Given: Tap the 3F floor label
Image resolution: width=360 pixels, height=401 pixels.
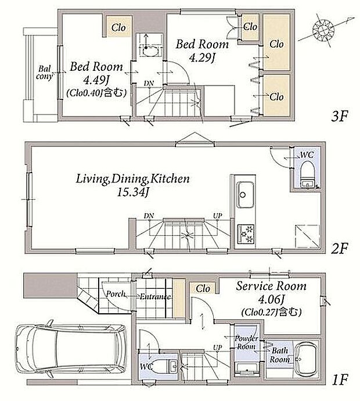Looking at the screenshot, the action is (x=340, y=117).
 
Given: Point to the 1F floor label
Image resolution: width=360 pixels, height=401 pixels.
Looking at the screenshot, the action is (x=340, y=379).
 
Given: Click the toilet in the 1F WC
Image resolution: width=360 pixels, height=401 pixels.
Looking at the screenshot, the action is (x=166, y=367).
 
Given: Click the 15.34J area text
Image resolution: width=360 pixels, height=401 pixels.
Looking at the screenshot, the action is (x=132, y=192).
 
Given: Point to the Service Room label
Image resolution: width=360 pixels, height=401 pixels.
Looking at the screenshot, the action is (x=271, y=286).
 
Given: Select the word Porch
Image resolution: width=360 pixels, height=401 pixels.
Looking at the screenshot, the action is (x=116, y=294).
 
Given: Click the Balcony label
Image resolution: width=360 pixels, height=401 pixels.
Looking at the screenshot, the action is (x=45, y=73).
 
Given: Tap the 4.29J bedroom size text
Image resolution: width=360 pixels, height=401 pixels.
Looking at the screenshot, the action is (x=202, y=58).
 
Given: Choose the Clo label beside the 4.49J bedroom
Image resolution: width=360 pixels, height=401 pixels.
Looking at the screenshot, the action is (x=118, y=27).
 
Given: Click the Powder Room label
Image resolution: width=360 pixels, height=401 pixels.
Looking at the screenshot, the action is (x=246, y=343).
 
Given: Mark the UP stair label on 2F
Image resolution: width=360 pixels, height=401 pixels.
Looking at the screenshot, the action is (x=218, y=216).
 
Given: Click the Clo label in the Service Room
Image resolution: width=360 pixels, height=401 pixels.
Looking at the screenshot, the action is (x=203, y=289).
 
